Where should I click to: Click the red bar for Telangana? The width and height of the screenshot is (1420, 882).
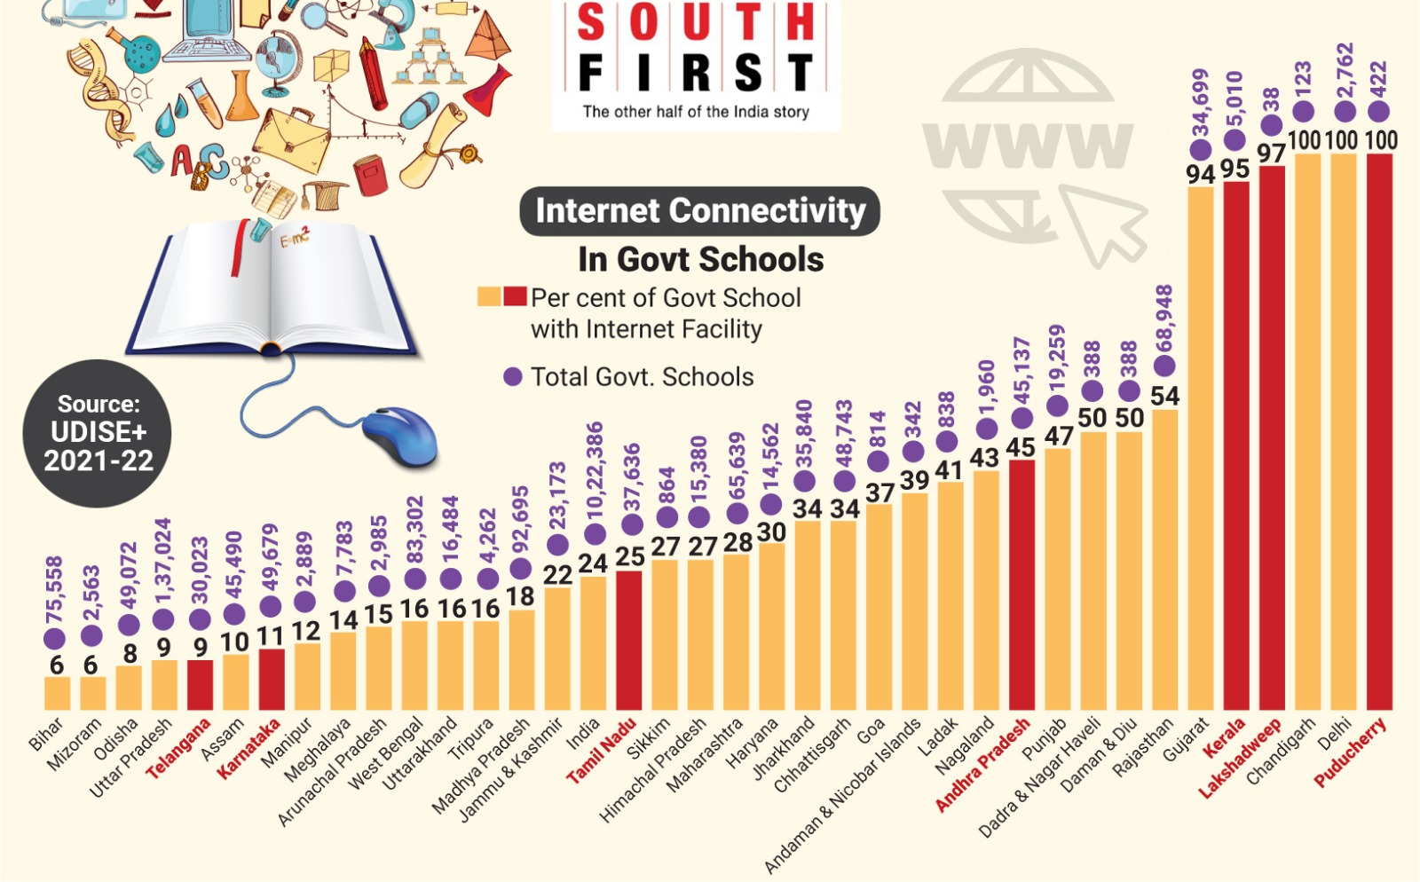[x=200, y=684]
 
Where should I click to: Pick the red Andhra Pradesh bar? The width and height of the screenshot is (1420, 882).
[x=1022, y=584]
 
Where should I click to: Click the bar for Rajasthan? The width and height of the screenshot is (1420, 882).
[x=1164, y=559]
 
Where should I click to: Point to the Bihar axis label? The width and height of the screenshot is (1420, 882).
[x=45, y=735]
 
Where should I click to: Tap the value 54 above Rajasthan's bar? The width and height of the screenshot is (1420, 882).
[x=1164, y=396]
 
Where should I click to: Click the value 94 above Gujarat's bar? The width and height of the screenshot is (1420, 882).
[x=1200, y=174]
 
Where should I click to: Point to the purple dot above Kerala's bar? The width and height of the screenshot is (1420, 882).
[x=1235, y=139]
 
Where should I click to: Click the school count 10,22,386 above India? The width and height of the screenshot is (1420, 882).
[x=595, y=470]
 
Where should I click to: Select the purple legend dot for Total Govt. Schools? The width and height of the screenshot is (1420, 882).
[x=512, y=377]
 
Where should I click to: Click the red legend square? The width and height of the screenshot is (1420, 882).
[x=515, y=296]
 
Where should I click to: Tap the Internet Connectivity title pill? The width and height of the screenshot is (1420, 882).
[x=699, y=211]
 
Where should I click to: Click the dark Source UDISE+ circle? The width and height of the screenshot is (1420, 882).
[x=98, y=433]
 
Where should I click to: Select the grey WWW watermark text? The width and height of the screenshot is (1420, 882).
[x=1028, y=145]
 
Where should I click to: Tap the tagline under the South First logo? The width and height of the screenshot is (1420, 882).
[x=696, y=112]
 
